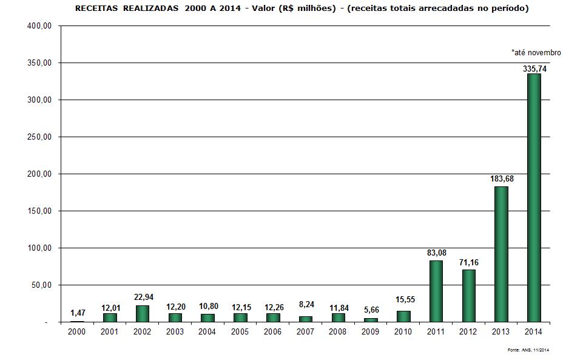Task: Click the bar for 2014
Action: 534,198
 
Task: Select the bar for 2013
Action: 501,254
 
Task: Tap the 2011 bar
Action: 436,291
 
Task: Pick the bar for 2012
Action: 468,296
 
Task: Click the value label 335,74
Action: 534,69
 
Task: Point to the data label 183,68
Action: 502,179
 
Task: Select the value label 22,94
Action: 143,297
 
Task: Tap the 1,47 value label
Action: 78,313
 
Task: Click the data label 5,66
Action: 371,310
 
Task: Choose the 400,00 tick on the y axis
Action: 41,26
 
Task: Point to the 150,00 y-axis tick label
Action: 41,211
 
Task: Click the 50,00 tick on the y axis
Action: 42,285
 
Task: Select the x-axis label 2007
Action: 305,331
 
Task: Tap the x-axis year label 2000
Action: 77,331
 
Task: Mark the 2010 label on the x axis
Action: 403,331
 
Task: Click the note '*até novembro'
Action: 536,53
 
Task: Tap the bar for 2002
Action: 143,313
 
